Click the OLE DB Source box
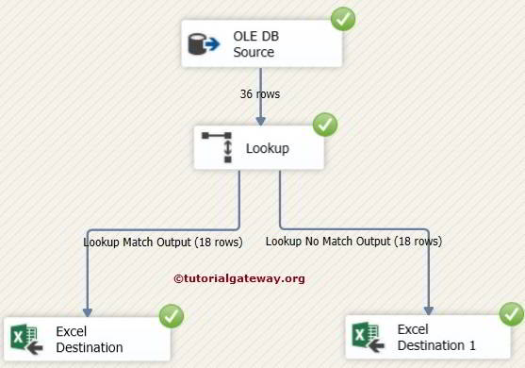tap(261, 44)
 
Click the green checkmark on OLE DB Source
tap(343, 18)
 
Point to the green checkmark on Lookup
tap(324, 124)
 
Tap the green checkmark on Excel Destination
tap(172, 316)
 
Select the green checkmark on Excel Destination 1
tap(512, 313)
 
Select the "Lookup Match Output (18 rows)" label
tap(163, 243)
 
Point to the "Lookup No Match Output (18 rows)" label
tap(353, 242)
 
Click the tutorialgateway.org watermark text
tap(239, 278)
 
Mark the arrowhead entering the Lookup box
tap(261, 120)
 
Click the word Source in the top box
tap(254, 53)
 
